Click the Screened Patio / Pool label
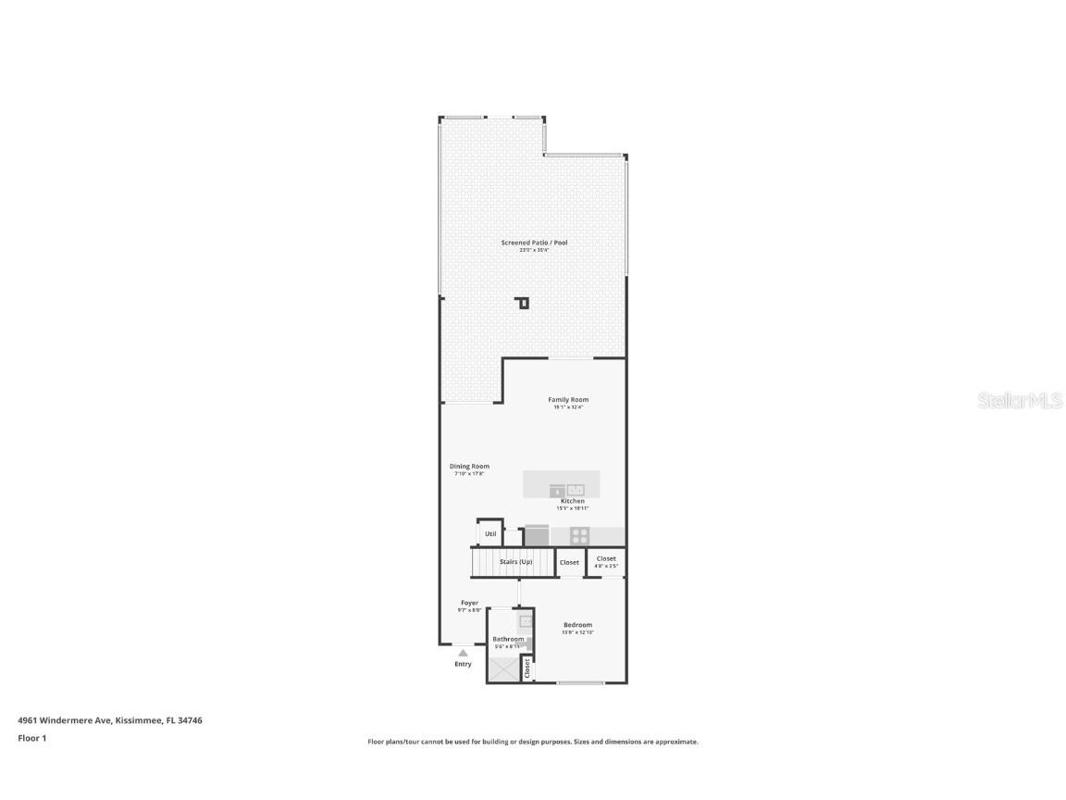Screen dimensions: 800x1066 pos(534,243)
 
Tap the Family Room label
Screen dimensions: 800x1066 pos(567,400)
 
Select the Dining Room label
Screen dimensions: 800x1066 pos(469,467)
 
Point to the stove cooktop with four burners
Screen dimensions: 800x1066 pos(579,535)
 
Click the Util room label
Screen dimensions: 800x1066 pos(490,534)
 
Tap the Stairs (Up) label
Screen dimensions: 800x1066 pos(515,562)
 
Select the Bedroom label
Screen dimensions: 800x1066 pos(577,625)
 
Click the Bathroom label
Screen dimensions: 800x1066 pos(508,639)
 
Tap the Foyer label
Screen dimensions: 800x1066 pos(470,603)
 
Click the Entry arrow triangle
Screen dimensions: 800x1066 pos(463,653)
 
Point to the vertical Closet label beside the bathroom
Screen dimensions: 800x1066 pos(527,668)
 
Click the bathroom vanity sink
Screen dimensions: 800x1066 pos(525,622)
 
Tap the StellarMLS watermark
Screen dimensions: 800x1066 pos(1020,401)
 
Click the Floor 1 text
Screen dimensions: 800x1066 pos(31,738)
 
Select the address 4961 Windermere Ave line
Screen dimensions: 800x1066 pos(110,719)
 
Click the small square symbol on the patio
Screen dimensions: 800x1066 pos(523,303)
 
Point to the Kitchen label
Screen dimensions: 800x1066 pos(572,501)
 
